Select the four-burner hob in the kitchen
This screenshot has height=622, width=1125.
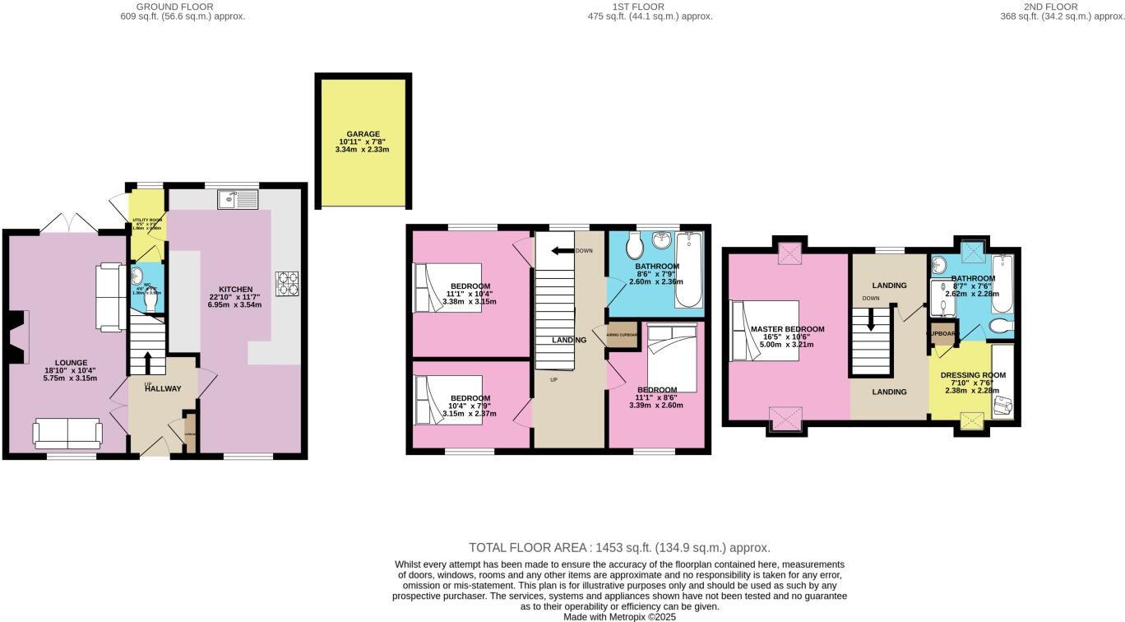pyautogui.click(x=288, y=283)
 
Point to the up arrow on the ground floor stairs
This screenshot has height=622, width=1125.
pyautogui.click(x=148, y=362)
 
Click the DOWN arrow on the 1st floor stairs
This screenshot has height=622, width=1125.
pyautogui.click(x=562, y=251)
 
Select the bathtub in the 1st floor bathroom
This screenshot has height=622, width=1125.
pyautogui.click(x=688, y=270)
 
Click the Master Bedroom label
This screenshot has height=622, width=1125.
pyautogui.click(x=787, y=329)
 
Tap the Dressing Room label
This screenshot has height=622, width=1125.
pyautogui.click(x=972, y=375)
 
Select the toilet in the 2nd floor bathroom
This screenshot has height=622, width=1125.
pyautogui.click(x=1000, y=327)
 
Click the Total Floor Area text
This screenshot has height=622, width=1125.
pyautogui.click(x=618, y=547)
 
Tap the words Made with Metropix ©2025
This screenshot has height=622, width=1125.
pyautogui.click(x=619, y=616)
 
